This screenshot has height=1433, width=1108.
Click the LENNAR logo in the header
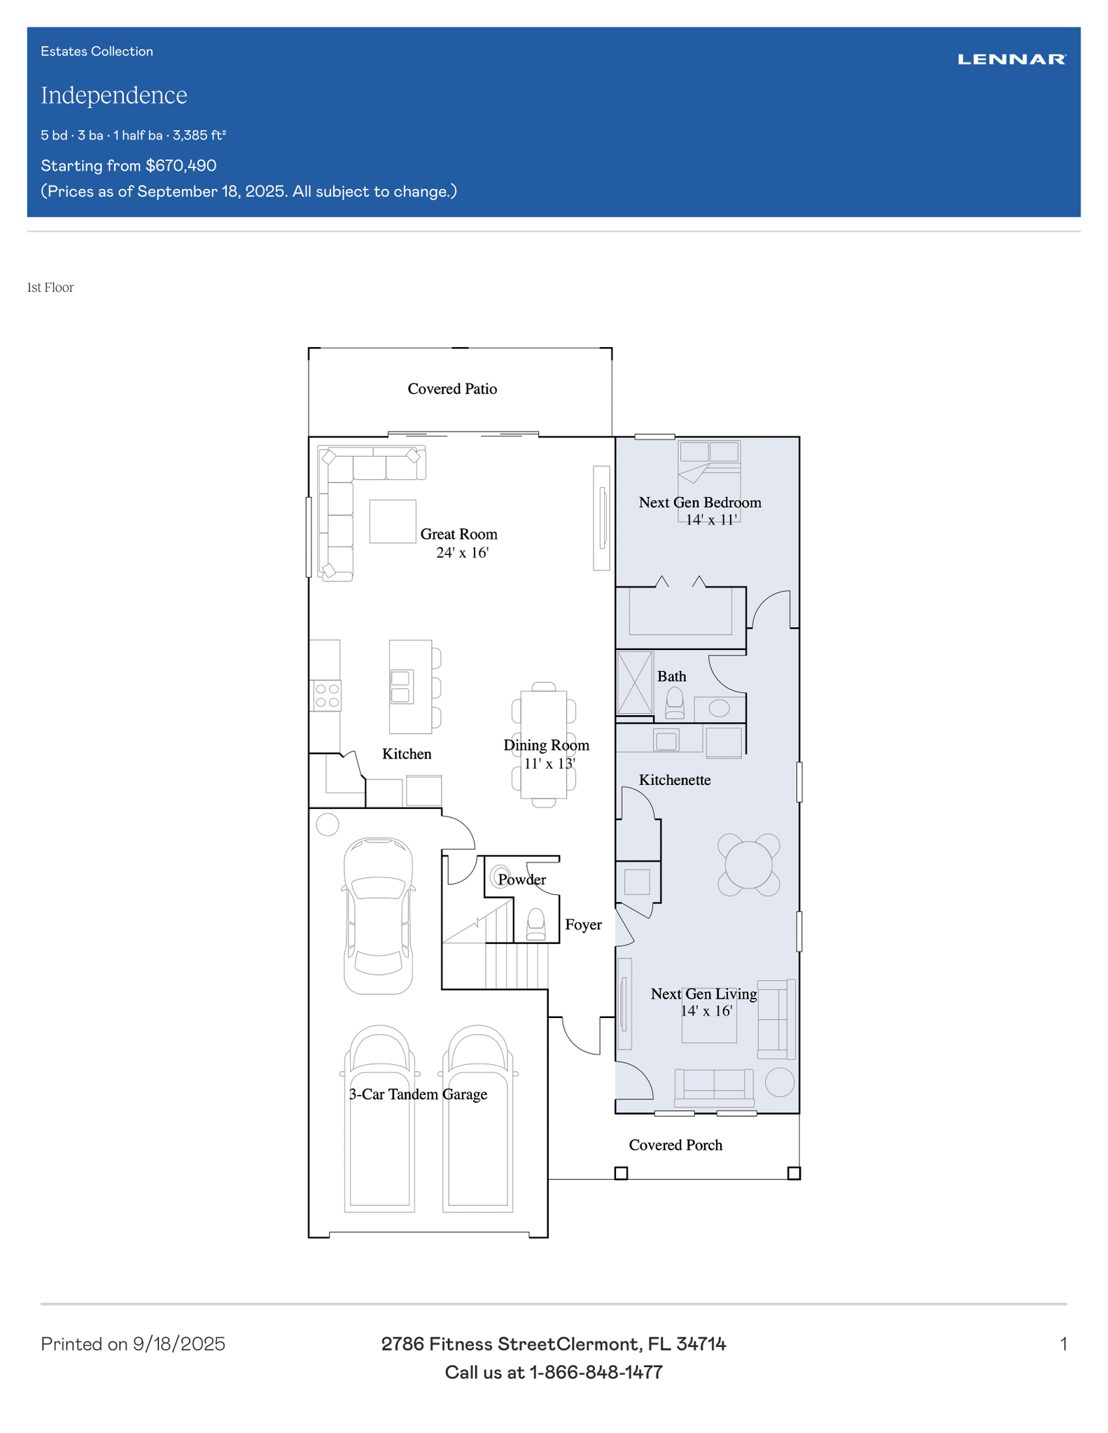pyautogui.click(x=1011, y=59)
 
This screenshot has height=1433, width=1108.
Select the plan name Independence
pyautogui.click(x=114, y=95)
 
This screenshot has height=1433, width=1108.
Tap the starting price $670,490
pyautogui.click(x=181, y=166)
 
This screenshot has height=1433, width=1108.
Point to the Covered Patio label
pyautogui.click(x=452, y=389)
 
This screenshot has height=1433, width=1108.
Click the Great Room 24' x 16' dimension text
pyautogui.click(x=462, y=553)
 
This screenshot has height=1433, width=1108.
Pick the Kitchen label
pyautogui.click(x=407, y=754)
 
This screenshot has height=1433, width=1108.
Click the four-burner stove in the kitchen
pyautogui.click(x=327, y=696)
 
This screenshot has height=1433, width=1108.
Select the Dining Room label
pyautogui.click(x=547, y=745)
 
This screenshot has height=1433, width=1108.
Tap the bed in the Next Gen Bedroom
pyautogui.click(x=709, y=481)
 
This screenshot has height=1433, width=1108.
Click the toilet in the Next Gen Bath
pyautogui.click(x=675, y=703)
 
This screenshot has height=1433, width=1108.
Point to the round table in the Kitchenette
pyautogui.click(x=748, y=865)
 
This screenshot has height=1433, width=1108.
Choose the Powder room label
pyautogui.click(x=522, y=880)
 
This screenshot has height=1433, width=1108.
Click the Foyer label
pyautogui.click(x=583, y=925)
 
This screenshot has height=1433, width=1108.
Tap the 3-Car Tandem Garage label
pyautogui.click(x=418, y=1094)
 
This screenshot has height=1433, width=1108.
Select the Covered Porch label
pyautogui.click(x=675, y=1145)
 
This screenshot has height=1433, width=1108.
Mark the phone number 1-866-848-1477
pyautogui.click(x=596, y=1373)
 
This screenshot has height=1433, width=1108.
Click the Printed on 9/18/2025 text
pyautogui.click(x=133, y=1344)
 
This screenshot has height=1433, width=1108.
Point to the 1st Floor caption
pyautogui.click(x=50, y=288)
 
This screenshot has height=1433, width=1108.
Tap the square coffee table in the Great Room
pyautogui.click(x=393, y=521)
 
